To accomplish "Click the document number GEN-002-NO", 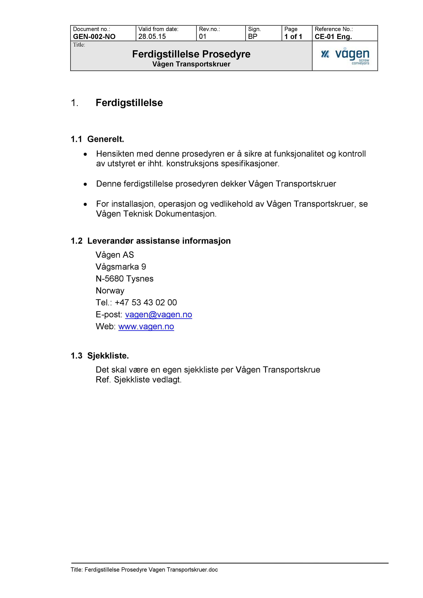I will click(x=94, y=36).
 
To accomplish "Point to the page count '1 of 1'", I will click(x=293, y=36).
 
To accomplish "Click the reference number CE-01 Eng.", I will click(x=333, y=36).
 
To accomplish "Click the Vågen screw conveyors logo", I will click(x=345, y=56).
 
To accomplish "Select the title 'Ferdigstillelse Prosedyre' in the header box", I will click(x=191, y=54).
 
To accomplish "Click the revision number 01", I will click(x=203, y=36).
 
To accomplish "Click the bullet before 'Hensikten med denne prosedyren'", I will click(x=85, y=154).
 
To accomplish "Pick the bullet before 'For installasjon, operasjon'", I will click(x=85, y=205).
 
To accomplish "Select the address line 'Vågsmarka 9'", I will click(x=121, y=267).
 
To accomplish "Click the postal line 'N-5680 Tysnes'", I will click(x=125, y=279).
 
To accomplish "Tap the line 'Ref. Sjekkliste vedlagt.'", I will click(x=138, y=380).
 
